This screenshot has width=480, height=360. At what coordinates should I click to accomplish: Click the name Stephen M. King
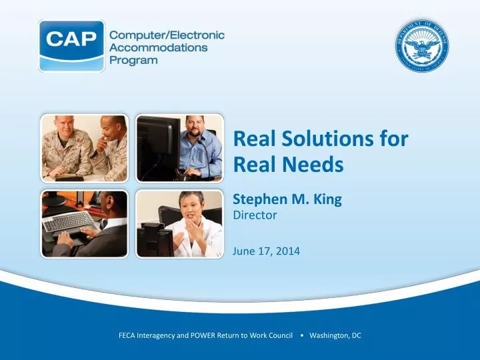pyautogui.click(x=287, y=198)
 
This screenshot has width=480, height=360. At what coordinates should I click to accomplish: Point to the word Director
pyautogui.click(x=254, y=215)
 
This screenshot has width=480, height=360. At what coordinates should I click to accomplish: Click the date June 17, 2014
pyautogui.click(x=266, y=251)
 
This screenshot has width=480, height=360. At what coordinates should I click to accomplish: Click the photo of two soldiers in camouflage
pyautogui.click(x=85, y=148)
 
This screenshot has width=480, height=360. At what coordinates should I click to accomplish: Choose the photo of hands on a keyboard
pyautogui.click(x=85, y=224)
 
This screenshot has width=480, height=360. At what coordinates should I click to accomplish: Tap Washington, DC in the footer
pyautogui.click(x=335, y=335)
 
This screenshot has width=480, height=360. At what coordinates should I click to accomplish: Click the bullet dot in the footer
pyautogui.click(x=303, y=335)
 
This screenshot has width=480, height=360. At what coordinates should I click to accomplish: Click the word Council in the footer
pyautogui.click(x=279, y=335)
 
